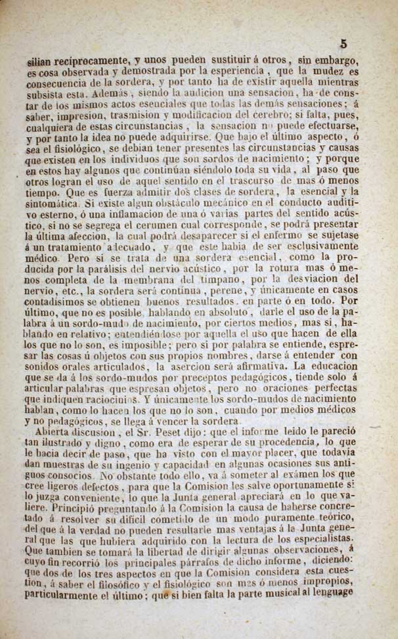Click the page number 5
tap(343, 45)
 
